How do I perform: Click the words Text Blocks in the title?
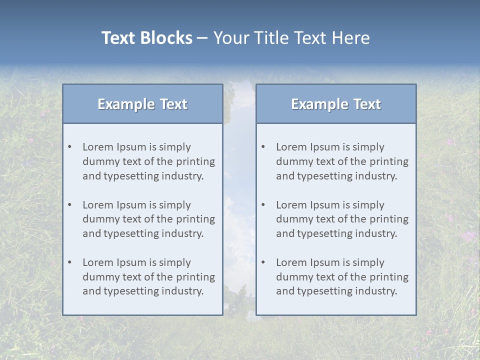pos(146,38)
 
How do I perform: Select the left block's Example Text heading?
pos(142,104)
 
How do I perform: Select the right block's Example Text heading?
pos(336,104)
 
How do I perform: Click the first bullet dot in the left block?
pos(69,147)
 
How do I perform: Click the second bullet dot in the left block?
pos(69,205)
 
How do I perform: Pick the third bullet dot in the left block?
pos(69,262)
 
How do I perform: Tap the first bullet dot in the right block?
pos(263,147)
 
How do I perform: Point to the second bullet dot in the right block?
pos(263,205)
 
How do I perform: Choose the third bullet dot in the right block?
pos(263,262)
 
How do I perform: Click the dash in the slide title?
pos(202,38)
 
